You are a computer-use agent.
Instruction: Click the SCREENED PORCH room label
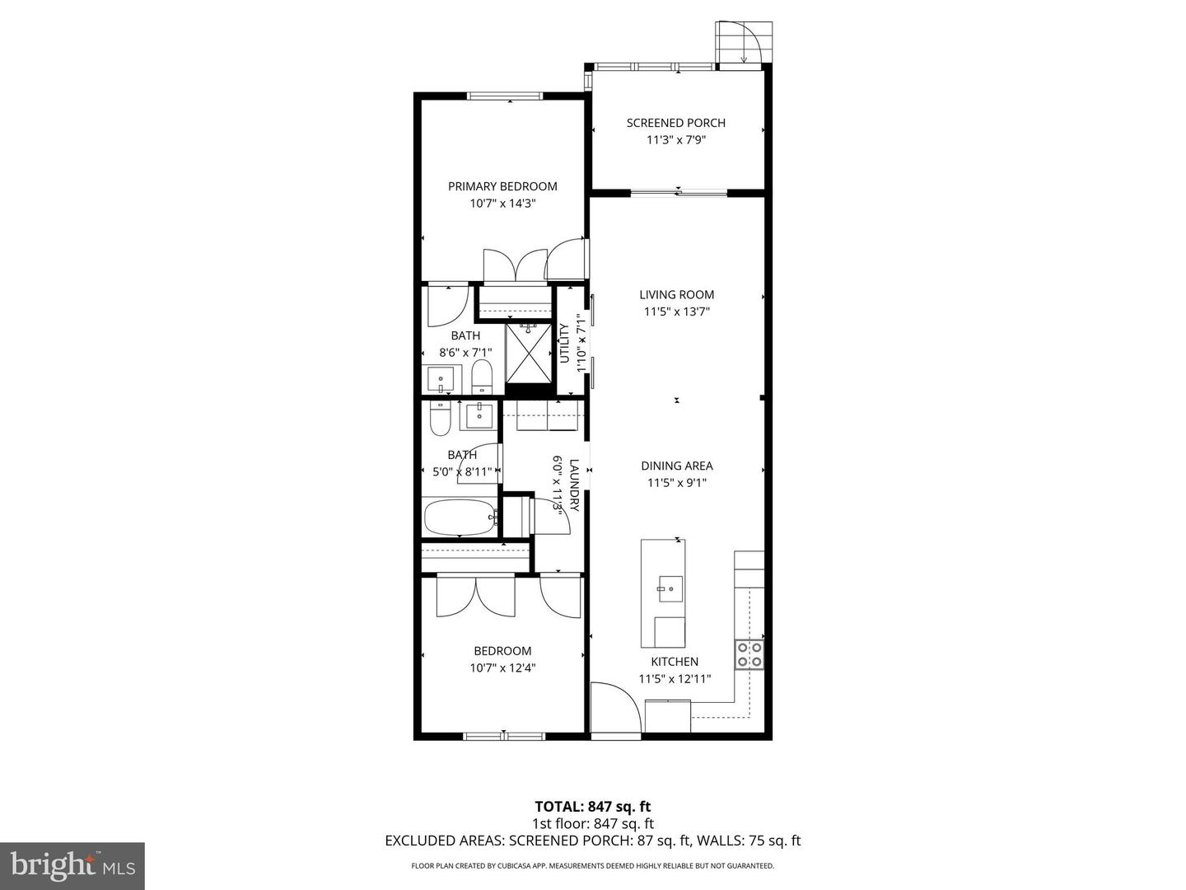coord(675,123)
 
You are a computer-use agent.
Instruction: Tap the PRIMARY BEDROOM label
coord(502,186)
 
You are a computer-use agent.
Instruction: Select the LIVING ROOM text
coord(676,294)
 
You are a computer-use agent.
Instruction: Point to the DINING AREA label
coord(676,466)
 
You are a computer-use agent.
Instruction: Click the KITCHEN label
coord(675,661)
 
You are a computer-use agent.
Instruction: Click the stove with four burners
coord(749,654)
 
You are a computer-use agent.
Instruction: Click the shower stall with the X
coord(528,353)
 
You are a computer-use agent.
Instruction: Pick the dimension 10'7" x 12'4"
coord(502,668)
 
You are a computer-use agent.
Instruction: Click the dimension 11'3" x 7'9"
coord(675,140)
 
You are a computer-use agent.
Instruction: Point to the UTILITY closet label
coord(565,343)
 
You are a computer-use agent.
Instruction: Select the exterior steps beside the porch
coord(745,42)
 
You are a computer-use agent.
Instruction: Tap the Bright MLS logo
coord(72,865)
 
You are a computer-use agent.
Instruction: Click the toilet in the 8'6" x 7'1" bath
coord(482,378)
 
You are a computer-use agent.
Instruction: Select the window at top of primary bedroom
coord(505,96)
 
